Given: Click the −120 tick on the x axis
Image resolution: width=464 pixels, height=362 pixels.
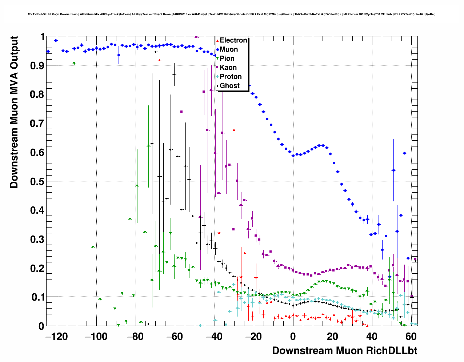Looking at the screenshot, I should tap(56, 337).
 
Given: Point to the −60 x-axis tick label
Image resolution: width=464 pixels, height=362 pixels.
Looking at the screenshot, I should tap(175, 337).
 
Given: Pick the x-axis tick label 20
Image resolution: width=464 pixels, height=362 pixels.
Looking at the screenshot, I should tap(332, 337).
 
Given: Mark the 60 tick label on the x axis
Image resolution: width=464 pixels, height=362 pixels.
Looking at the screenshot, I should tap(411, 337).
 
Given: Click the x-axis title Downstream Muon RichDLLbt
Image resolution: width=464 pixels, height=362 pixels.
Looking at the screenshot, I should tap(344, 351).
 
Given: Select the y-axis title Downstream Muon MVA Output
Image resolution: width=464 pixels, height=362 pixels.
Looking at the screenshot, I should tap(14, 112).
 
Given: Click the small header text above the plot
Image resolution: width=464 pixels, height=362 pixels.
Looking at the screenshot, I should tap(232, 15).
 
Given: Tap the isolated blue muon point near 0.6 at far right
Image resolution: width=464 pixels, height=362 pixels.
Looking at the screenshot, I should tap(404, 153).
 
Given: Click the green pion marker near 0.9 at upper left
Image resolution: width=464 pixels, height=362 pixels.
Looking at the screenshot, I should tap(74, 63).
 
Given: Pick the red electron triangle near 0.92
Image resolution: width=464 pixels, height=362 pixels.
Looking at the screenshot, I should tap(159, 60).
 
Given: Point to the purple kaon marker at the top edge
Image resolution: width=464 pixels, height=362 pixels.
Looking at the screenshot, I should tap(196, 37).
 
